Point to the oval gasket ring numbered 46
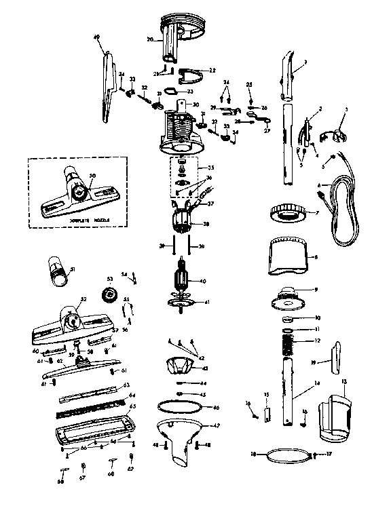pyautogui.click(x=180, y=408)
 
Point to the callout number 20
pyautogui.click(x=151, y=39)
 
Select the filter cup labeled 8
pyautogui.click(x=285, y=257)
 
